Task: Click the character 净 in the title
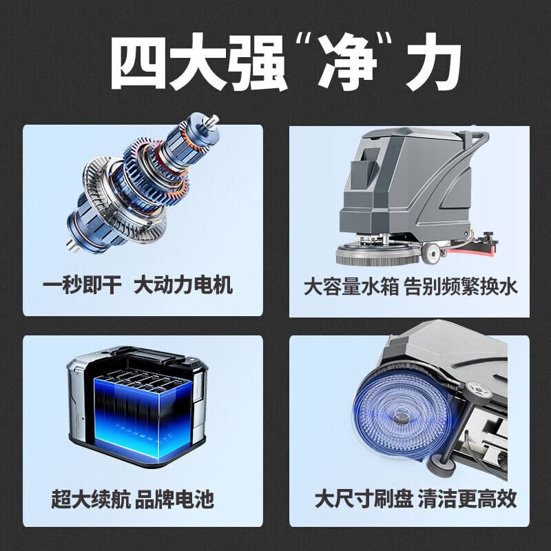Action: click(x=347, y=61)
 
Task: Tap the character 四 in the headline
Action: click(x=138, y=62)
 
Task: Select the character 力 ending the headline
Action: click(x=433, y=62)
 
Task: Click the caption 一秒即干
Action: click(x=82, y=284)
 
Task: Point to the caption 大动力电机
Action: click(x=183, y=284)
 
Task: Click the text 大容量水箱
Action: click(x=351, y=287)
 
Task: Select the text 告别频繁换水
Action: click(x=461, y=287)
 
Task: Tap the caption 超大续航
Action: click(x=91, y=499)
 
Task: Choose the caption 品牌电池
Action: click(x=174, y=499)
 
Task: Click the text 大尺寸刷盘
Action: click(x=364, y=498)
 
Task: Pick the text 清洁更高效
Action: click(x=468, y=498)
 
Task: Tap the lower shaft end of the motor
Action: click(x=71, y=245)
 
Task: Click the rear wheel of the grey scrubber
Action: click(x=432, y=252)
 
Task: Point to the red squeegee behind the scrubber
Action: click(x=473, y=247)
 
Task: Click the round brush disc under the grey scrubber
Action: click(x=377, y=253)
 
